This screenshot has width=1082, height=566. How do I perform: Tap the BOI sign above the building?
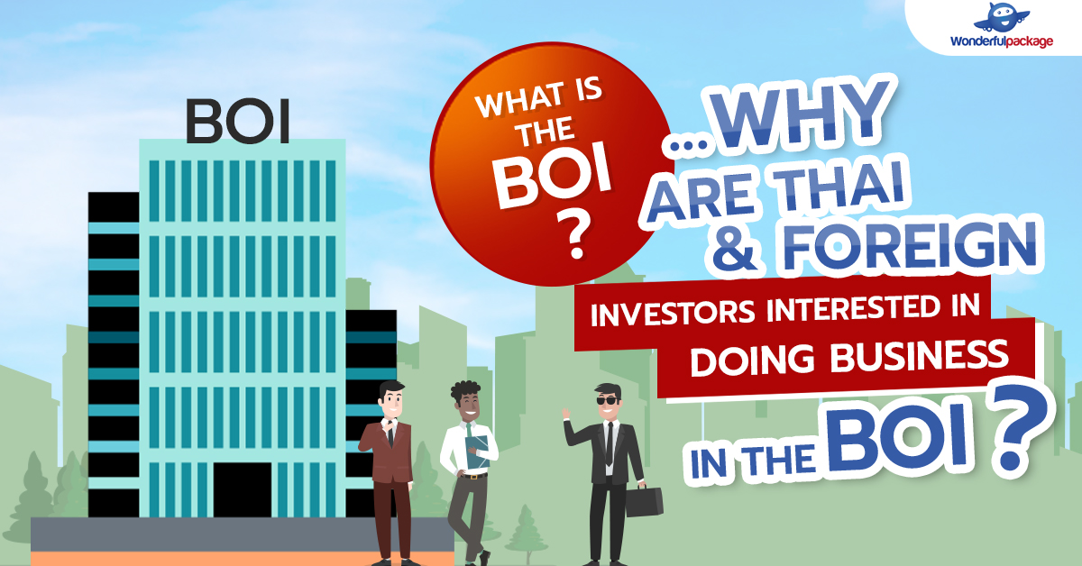(x=238, y=122)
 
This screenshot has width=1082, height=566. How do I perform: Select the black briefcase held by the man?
(x=644, y=501)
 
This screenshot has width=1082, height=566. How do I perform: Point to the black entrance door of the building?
(x=242, y=491)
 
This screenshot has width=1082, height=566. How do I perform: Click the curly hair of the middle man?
(x=465, y=391)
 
